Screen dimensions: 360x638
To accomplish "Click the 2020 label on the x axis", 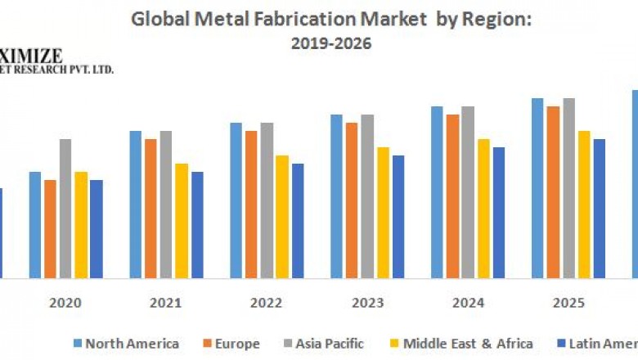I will [x=65, y=303].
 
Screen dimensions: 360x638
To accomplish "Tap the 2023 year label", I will [x=368, y=303].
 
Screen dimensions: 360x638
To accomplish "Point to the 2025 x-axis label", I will [x=568, y=303].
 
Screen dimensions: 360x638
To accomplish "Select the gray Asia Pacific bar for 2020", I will [x=65, y=209].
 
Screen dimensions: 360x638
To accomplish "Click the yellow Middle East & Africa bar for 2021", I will [x=182, y=221].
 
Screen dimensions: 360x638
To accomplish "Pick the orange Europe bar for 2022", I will [x=251, y=205].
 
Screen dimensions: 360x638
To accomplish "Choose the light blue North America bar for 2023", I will [x=336, y=196].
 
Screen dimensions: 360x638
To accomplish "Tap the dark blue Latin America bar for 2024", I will [x=499, y=213].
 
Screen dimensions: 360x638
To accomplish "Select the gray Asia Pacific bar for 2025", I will [x=568, y=188].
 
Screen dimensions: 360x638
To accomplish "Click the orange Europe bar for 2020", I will [x=50, y=229].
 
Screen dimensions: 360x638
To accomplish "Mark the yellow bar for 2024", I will [x=483, y=209].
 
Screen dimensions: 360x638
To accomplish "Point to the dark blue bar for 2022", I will [x=298, y=221].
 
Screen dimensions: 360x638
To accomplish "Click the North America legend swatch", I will [x=78, y=344].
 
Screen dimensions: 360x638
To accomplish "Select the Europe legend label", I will [x=238, y=344].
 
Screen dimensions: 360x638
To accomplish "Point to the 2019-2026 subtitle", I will [x=330, y=43].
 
